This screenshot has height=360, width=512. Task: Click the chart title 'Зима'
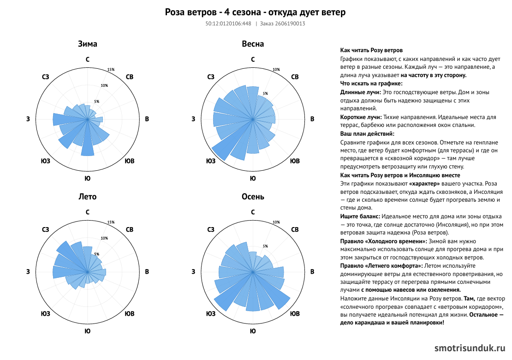pos(88,44)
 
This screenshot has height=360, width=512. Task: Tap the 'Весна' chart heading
pos(253,44)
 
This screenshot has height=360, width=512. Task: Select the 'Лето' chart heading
pos(88,197)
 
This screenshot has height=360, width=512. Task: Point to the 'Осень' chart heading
pos(253,197)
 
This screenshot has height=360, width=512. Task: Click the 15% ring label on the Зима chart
pos(111,70)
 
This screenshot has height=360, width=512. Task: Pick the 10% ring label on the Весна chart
pos(276,70)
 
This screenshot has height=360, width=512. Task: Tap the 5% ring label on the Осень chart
pos(265,246)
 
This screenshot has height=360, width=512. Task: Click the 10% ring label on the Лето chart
pos(104,238)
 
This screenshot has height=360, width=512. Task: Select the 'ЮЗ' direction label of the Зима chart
pos(45,161)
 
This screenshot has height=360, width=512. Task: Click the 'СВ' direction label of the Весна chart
pos(295,77)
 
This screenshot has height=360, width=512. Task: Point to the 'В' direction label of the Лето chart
pos(147,271)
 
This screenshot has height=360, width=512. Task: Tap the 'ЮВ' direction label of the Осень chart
pos(295,313)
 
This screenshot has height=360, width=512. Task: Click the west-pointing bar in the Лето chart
pos(65,272)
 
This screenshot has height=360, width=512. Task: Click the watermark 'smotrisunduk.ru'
pos(470,348)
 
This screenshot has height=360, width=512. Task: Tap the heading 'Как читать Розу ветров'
pos(371,50)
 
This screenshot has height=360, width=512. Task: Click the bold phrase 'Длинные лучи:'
pos(361,92)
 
